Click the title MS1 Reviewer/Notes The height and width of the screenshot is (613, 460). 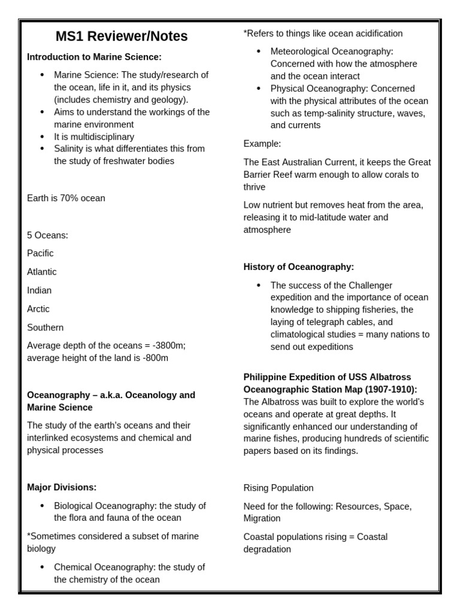coord(122,37)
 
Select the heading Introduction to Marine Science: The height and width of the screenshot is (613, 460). coord(94,57)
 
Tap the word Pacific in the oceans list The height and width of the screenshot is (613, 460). coord(40,253)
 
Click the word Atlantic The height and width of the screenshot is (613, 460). coord(42,272)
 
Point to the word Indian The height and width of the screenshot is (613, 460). coord(40,290)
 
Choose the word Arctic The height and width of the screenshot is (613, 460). coord(38,309)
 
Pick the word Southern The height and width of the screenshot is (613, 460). coord(45,327)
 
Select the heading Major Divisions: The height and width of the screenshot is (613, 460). coord(62,487)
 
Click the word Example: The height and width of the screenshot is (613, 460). coord(262,144)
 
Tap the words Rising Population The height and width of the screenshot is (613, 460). coord(279,488)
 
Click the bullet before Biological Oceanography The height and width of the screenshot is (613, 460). coord(42,506)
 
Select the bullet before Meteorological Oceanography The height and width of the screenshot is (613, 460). coord(258,51)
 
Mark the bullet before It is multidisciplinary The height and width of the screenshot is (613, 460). coord(42,136)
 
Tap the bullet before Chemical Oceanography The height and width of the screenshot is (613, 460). coord(42,567)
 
